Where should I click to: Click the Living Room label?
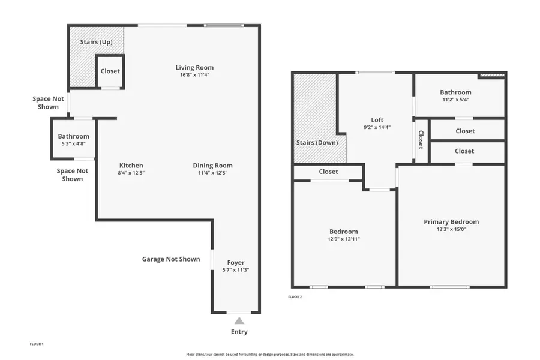pyautogui.click(x=194, y=67)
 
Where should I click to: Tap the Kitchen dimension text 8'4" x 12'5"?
pyautogui.click(x=131, y=173)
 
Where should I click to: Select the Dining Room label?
pyautogui.click(x=212, y=166)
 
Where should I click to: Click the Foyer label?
pyautogui.click(x=235, y=262)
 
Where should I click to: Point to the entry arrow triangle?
pyautogui.click(x=239, y=321)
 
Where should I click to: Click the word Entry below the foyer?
pyautogui.click(x=239, y=332)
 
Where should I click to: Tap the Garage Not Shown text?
pyautogui.click(x=170, y=259)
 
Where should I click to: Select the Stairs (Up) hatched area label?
pyautogui.click(x=97, y=42)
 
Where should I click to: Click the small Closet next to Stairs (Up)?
pyautogui.click(x=110, y=71)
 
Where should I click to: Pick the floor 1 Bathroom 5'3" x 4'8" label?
pyautogui.click(x=73, y=136)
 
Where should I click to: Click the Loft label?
pyautogui.click(x=377, y=120)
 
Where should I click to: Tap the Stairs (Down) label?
pyautogui.click(x=317, y=143)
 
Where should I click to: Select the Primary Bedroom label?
pyautogui.click(x=451, y=221)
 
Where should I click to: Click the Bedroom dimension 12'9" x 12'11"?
pyautogui.click(x=344, y=239)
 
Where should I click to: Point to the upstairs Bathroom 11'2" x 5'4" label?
pyautogui.click(x=455, y=92)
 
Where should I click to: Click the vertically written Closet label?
pyautogui.click(x=421, y=140)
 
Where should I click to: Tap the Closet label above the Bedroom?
pyautogui.click(x=328, y=172)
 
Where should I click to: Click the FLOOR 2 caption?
pyautogui.click(x=295, y=297)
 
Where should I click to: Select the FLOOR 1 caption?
pyautogui.click(x=37, y=344)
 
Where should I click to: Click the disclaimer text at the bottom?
pyautogui.click(x=270, y=354)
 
